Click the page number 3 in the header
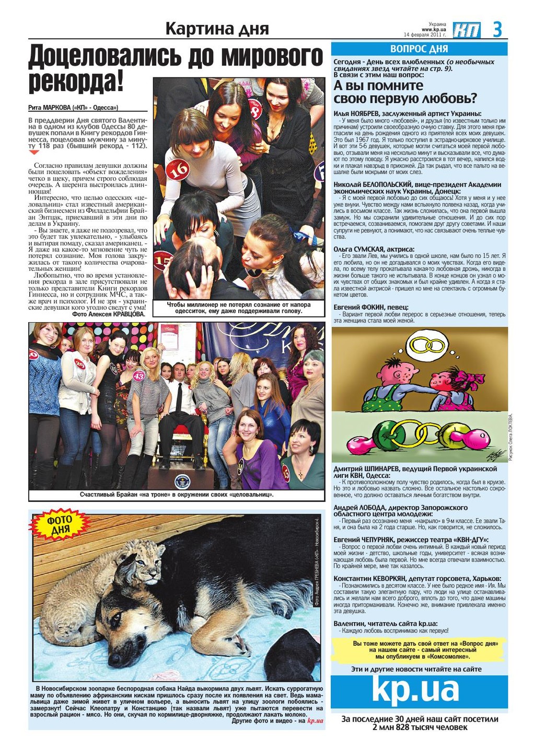(497, 30)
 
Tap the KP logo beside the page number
(467, 30)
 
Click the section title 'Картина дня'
(217, 29)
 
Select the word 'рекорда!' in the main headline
(76, 81)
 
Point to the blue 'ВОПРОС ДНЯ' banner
(419, 49)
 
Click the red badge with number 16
(178, 169)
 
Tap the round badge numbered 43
(139, 375)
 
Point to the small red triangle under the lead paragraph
(33, 153)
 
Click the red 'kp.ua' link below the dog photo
(315, 721)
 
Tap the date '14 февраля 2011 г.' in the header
(425, 35)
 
